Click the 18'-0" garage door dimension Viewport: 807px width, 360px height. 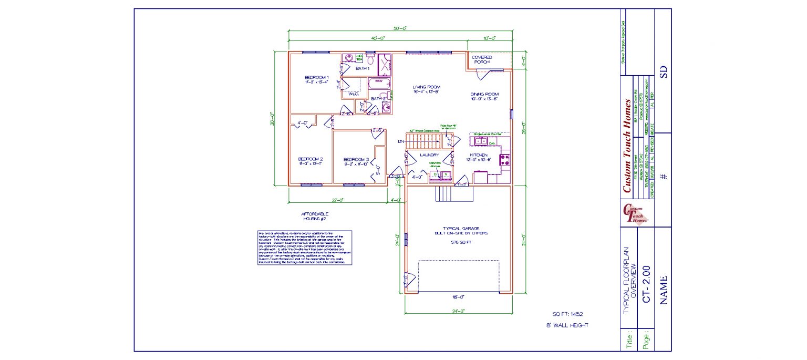(458, 297)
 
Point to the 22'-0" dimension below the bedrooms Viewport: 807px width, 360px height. (337, 200)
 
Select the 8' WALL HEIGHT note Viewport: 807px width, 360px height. (567, 325)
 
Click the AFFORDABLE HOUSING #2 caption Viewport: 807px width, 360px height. (314, 216)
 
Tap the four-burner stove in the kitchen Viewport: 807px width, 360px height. (505, 160)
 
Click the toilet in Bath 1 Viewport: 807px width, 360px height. (370, 60)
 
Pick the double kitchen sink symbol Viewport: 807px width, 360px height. (480, 141)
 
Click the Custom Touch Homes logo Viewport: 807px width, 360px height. (636, 214)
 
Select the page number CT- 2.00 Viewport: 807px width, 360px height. (646, 283)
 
